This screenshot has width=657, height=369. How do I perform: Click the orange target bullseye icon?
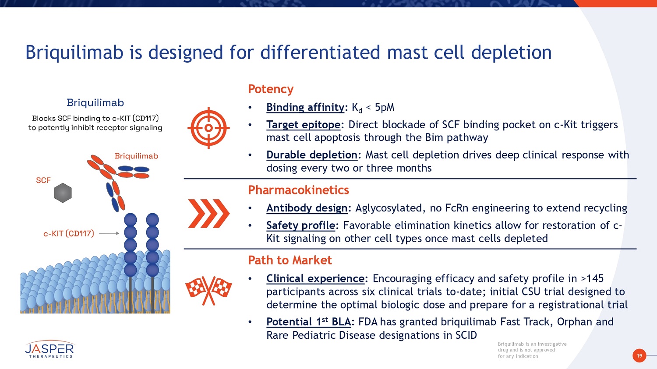[x=208, y=128]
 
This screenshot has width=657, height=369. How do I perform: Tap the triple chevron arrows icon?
[x=208, y=214]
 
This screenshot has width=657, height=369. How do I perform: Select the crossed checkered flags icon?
[x=208, y=290]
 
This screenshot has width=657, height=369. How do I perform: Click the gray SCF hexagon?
[x=63, y=193]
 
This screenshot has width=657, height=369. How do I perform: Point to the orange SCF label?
[x=43, y=180]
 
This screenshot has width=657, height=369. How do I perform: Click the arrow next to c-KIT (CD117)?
[x=109, y=233]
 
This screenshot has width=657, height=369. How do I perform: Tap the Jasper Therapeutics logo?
[x=49, y=349]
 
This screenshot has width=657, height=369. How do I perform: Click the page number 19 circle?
[x=639, y=355]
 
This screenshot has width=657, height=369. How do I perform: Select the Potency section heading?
[x=271, y=89]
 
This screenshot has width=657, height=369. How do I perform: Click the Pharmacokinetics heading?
[x=298, y=190]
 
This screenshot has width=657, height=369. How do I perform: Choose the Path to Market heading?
[x=290, y=260]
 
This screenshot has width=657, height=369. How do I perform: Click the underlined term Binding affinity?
[x=305, y=107]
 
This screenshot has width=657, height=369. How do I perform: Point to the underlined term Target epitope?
[x=304, y=125]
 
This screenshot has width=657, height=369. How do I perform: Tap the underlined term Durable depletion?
[x=312, y=155]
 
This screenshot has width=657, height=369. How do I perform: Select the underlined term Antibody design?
[x=307, y=208]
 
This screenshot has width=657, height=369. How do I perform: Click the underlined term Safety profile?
[x=301, y=225]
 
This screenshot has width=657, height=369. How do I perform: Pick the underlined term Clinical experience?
[x=315, y=278]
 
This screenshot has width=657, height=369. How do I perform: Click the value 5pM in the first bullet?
[x=385, y=107]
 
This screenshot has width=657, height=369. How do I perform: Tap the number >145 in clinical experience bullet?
[x=592, y=278]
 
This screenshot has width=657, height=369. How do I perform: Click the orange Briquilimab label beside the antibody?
[x=136, y=156]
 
